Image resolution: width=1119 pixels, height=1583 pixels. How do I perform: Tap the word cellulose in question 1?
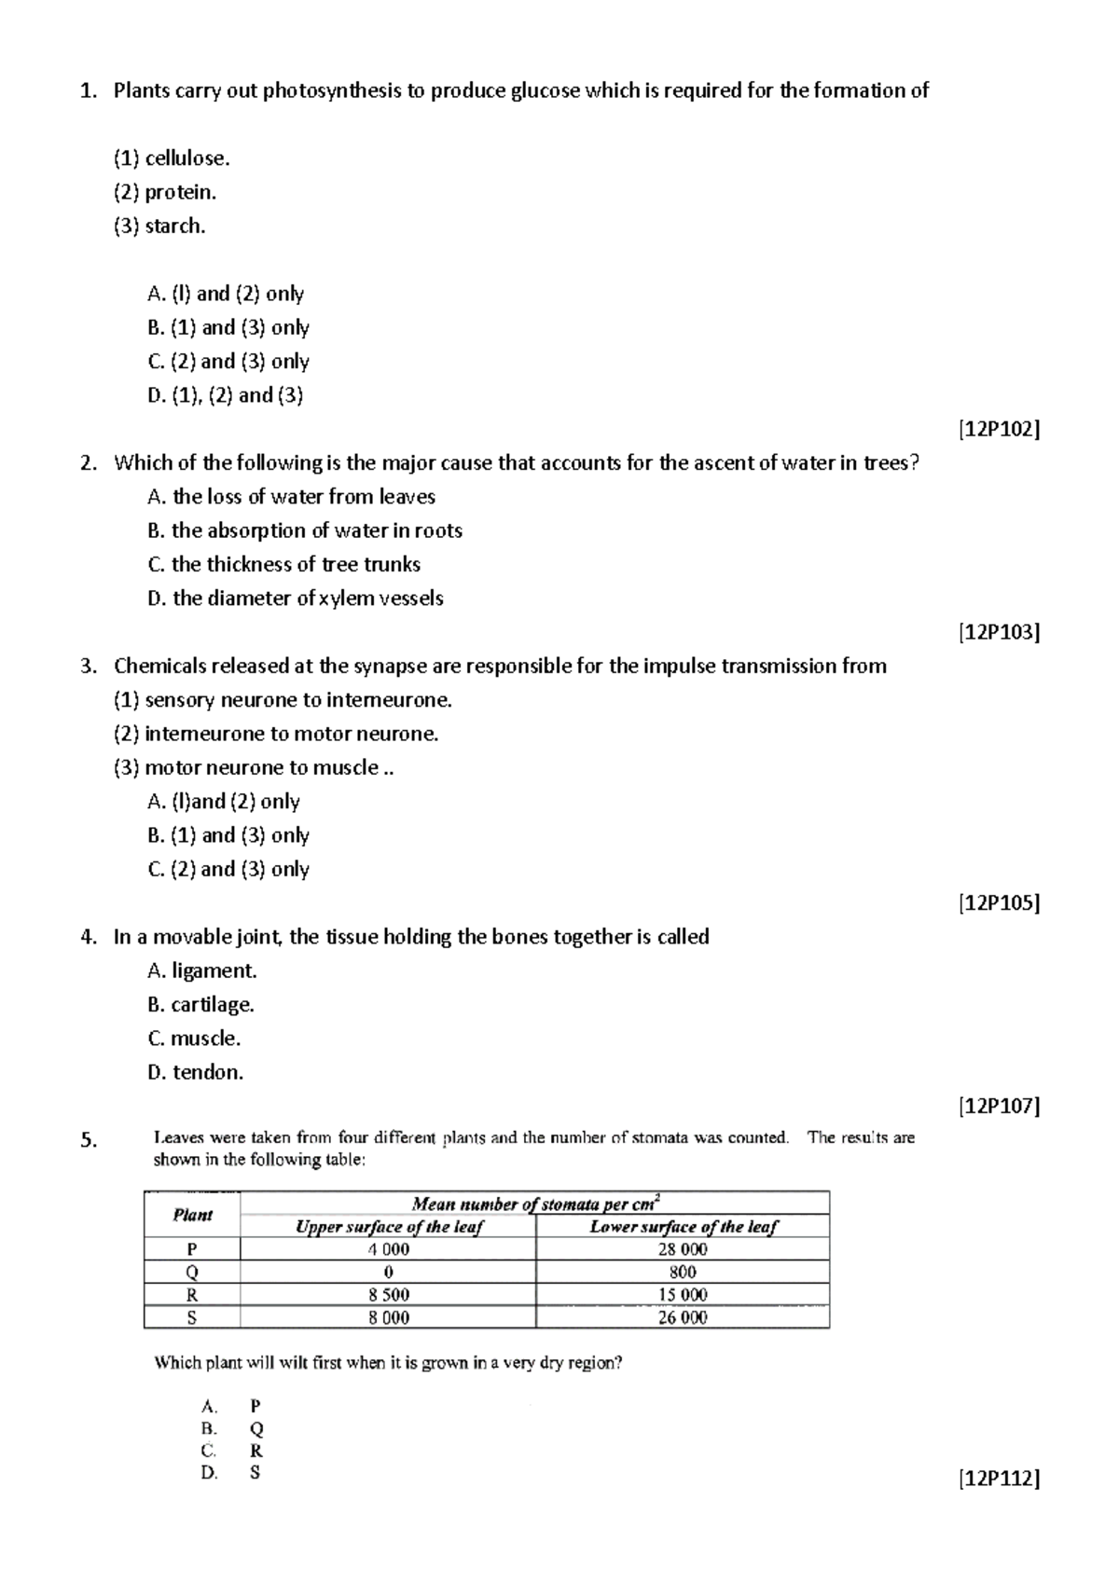pos(186,158)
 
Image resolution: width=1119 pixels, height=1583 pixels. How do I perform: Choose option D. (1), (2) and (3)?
pos(226,395)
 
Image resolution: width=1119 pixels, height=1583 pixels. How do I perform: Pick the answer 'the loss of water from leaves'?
pos(291,497)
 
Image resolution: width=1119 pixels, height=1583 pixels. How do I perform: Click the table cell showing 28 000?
pos(683,1249)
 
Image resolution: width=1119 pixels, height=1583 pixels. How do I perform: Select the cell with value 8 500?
pos(388,1295)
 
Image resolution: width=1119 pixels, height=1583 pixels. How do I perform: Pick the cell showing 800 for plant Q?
pos(683,1273)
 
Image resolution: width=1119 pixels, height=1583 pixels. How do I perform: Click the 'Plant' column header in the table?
pos(192,1215)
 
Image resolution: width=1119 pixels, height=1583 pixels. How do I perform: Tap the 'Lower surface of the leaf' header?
pos(683,1227)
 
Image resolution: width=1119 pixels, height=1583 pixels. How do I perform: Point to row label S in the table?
pos(192,1317)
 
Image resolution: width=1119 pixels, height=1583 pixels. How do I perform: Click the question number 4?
pos(88,938)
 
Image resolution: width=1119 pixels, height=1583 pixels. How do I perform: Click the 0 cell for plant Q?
pos(388,1273)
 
